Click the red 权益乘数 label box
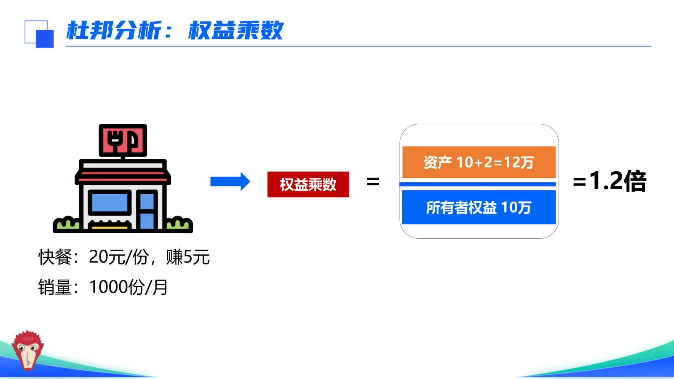308,184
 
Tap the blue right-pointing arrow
230,181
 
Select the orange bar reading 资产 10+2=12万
479,162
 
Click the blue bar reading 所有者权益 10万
479,207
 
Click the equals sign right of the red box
373,182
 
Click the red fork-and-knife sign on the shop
123,140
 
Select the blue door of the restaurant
147,210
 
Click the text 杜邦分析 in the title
114,31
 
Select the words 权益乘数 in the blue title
235,31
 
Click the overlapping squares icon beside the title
39,34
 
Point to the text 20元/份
119,257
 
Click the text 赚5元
188,257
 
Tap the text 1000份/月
128,287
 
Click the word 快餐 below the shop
55,257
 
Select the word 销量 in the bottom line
55,287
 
